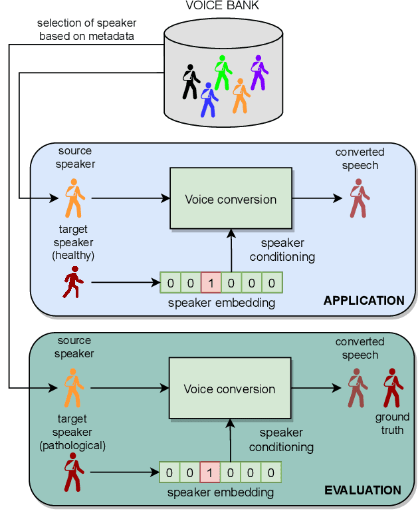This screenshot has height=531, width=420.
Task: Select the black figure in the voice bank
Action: point(191,81)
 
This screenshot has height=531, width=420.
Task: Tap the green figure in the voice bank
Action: point(222,72)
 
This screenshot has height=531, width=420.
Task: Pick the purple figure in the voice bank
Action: point(258,72)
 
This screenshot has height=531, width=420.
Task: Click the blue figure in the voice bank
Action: point(209,99)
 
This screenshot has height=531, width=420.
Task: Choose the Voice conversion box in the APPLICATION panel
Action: point(231,199)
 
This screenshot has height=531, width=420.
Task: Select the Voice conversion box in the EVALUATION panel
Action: point(229,389)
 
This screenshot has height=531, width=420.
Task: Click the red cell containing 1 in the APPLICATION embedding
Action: point(211,283)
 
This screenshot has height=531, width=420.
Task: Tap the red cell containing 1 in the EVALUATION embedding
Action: point(209,472)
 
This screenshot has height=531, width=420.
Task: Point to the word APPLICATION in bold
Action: point(364,301)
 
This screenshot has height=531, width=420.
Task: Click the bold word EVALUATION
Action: point(363,490)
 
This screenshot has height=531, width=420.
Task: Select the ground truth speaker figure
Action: point(392,387)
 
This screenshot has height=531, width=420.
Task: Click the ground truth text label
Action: point(392,424)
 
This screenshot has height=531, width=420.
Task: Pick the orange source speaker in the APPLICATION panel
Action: point(73,198)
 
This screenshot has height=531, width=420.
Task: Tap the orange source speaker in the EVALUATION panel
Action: point(72,388)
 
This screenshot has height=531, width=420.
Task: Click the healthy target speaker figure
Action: point(72,282)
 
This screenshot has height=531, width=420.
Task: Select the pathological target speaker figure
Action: point(72,473)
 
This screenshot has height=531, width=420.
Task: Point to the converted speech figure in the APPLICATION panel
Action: point(359,198)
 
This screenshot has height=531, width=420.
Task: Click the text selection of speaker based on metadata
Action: point(86,29)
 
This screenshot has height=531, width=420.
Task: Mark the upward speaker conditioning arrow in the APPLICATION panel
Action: point(231,250)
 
